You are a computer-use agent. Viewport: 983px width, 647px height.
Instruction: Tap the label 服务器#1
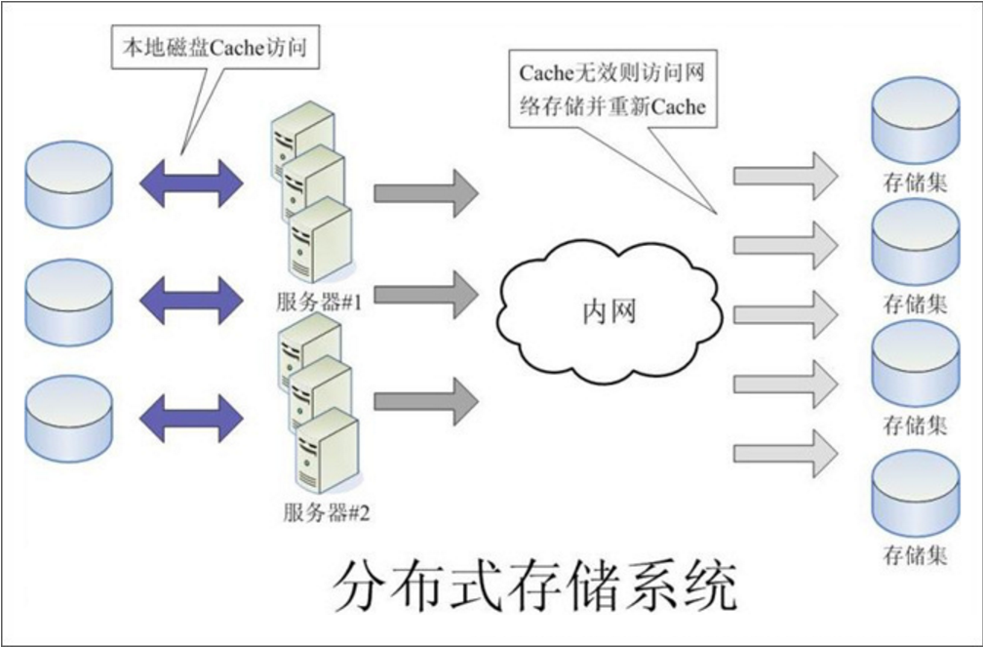coord(319,302)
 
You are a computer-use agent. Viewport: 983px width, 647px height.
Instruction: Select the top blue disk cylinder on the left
coord(70,183)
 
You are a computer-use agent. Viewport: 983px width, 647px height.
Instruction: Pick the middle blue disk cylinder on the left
coord(70,301)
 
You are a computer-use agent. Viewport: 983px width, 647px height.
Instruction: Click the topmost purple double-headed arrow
coord(191,182)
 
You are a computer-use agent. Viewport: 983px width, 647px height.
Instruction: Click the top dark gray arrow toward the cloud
coord(426,190)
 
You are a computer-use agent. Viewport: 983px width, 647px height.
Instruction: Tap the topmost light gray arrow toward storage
coord(785,176)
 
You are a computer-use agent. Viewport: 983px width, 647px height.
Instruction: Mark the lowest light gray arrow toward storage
coord(785,453)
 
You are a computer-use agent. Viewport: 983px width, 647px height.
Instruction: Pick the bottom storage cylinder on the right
coord(915,495)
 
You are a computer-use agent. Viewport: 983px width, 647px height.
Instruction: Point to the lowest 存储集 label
coord(915,556)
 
